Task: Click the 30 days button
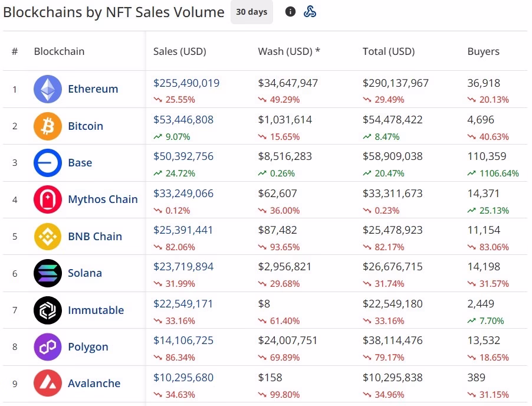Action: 252,12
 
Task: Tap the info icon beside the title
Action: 290,12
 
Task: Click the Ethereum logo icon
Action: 48,89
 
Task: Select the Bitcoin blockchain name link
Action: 86,126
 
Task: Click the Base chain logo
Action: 48,163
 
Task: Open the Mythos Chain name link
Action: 103,199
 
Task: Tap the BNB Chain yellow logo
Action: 48,236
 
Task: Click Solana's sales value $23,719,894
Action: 183,267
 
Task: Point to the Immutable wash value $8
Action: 264,304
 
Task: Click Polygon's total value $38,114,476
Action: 393,340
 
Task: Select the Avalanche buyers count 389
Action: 476,377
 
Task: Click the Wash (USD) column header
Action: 289,51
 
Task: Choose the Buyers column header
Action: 483,51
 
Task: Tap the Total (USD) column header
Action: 389,51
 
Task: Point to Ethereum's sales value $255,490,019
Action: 186,83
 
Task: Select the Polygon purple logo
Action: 48,346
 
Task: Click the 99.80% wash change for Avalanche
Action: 285,394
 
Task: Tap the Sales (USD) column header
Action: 180,51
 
